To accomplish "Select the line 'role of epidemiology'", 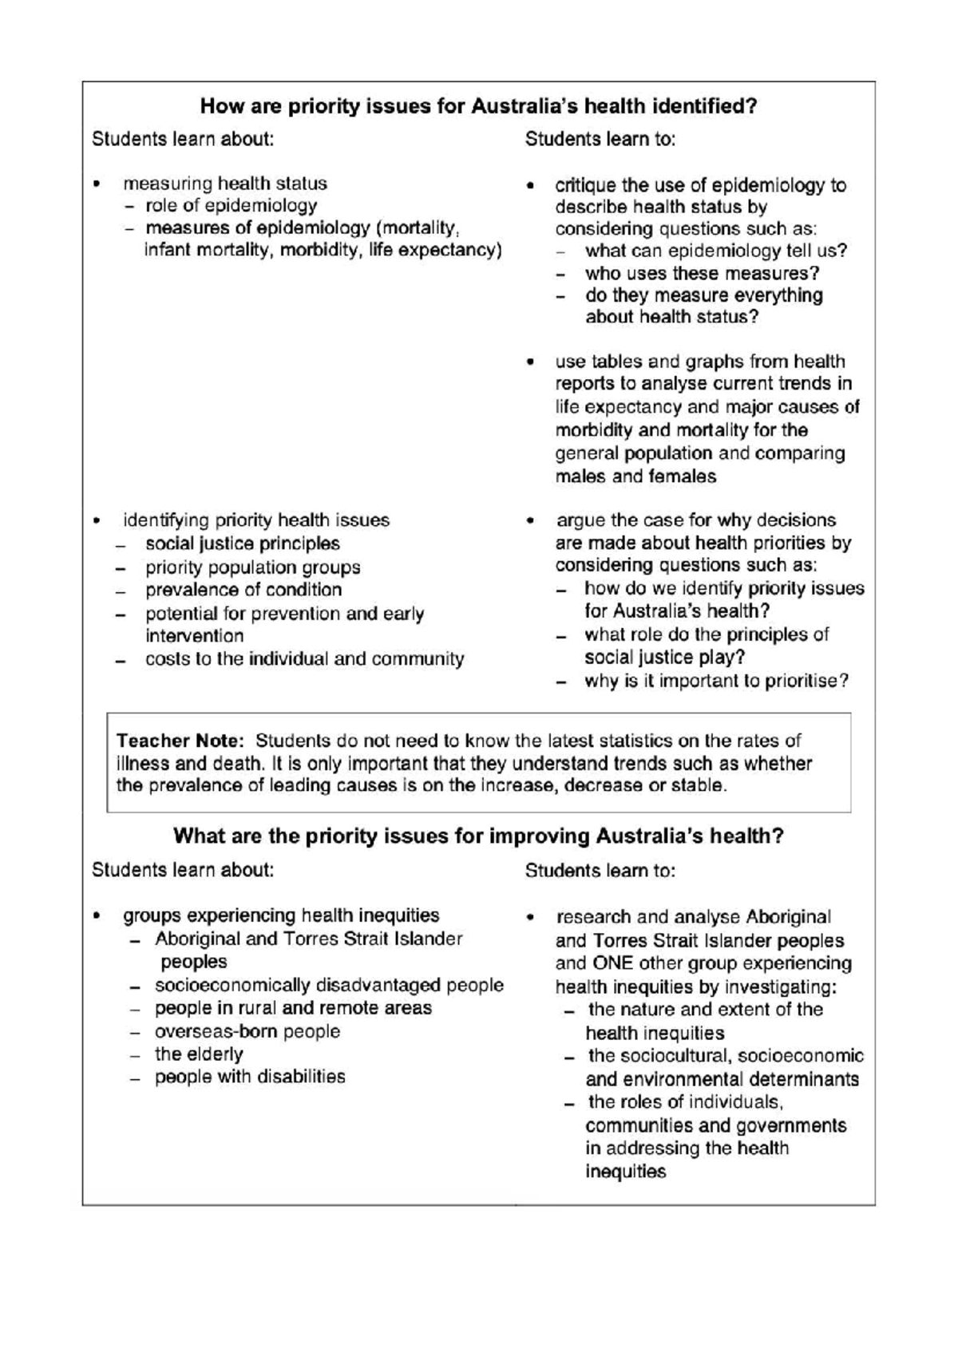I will tap(231, 206).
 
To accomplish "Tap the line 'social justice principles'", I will tap(242, 544).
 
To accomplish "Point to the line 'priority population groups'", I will tap(252, 567).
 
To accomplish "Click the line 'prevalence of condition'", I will tap(243, 590).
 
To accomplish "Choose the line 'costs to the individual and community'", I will tap(304, 659).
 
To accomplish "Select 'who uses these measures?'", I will tap(702, 273).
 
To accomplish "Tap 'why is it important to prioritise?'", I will tap(716, 681).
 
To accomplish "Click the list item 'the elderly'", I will tap(199, 1054).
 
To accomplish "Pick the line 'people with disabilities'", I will tap(250, 1077).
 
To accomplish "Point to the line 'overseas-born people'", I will tap(247, 1031).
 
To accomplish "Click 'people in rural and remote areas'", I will tap(293, 1008).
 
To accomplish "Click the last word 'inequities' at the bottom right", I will tap(625, 1172).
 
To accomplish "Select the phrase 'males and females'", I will tap(635, 476).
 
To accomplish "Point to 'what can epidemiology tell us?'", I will tap(716, 251).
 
